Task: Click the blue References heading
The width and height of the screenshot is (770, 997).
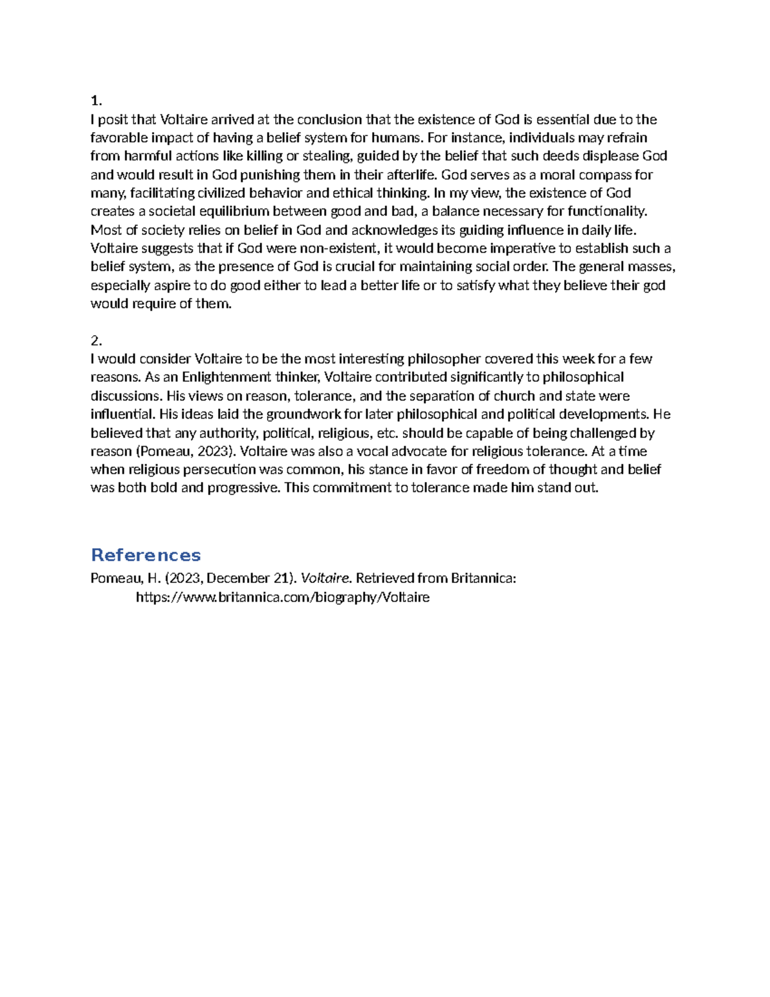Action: (x=146, y=555)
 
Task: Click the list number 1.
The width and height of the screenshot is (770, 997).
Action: (x=96, y=101)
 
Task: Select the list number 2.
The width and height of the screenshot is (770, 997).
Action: (x=96, y=340)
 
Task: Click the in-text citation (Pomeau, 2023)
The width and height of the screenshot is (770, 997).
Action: (x=178, y=451)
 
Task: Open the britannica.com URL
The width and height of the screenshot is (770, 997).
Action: (x=282, y=598)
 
